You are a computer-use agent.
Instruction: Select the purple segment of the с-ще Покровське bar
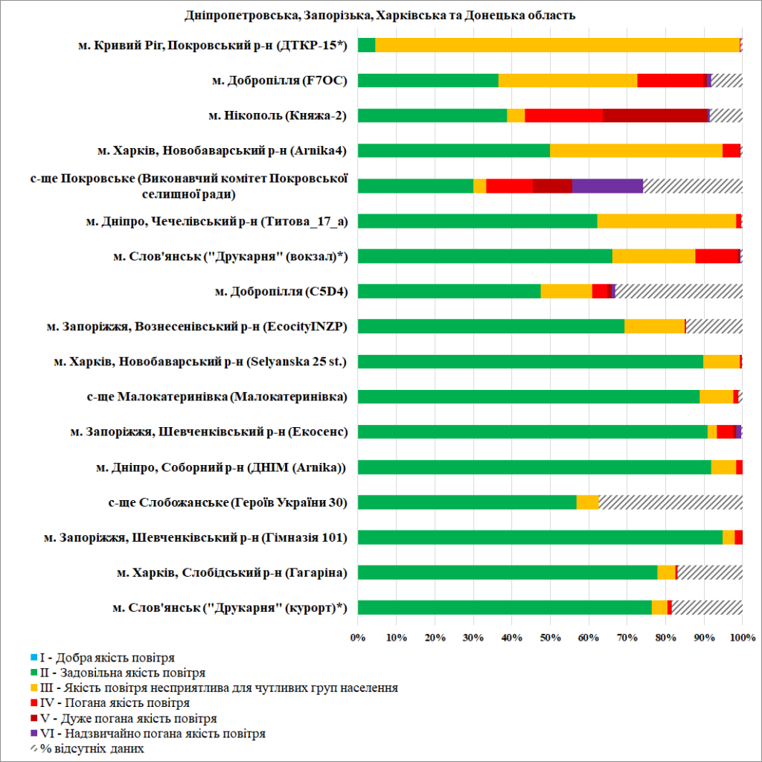coord(607,186)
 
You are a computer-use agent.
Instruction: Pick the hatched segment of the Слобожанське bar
coord(670,502)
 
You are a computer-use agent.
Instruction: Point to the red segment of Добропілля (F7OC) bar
coord(670,80)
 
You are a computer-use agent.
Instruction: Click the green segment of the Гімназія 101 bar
coord(540,537)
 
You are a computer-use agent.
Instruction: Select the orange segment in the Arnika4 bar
coord(635,150)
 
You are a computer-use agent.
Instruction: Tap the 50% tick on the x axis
coord(550,637)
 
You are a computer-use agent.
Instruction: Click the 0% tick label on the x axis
coord(358,637)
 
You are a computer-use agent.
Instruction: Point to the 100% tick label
coord(742,637)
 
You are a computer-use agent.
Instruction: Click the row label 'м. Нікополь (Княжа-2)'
coord(278,115)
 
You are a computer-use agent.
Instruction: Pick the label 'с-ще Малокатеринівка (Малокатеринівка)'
coord(217,397)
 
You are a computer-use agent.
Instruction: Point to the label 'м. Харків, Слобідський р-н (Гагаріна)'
coord(232,572)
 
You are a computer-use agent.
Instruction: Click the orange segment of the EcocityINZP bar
coord(654,326)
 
